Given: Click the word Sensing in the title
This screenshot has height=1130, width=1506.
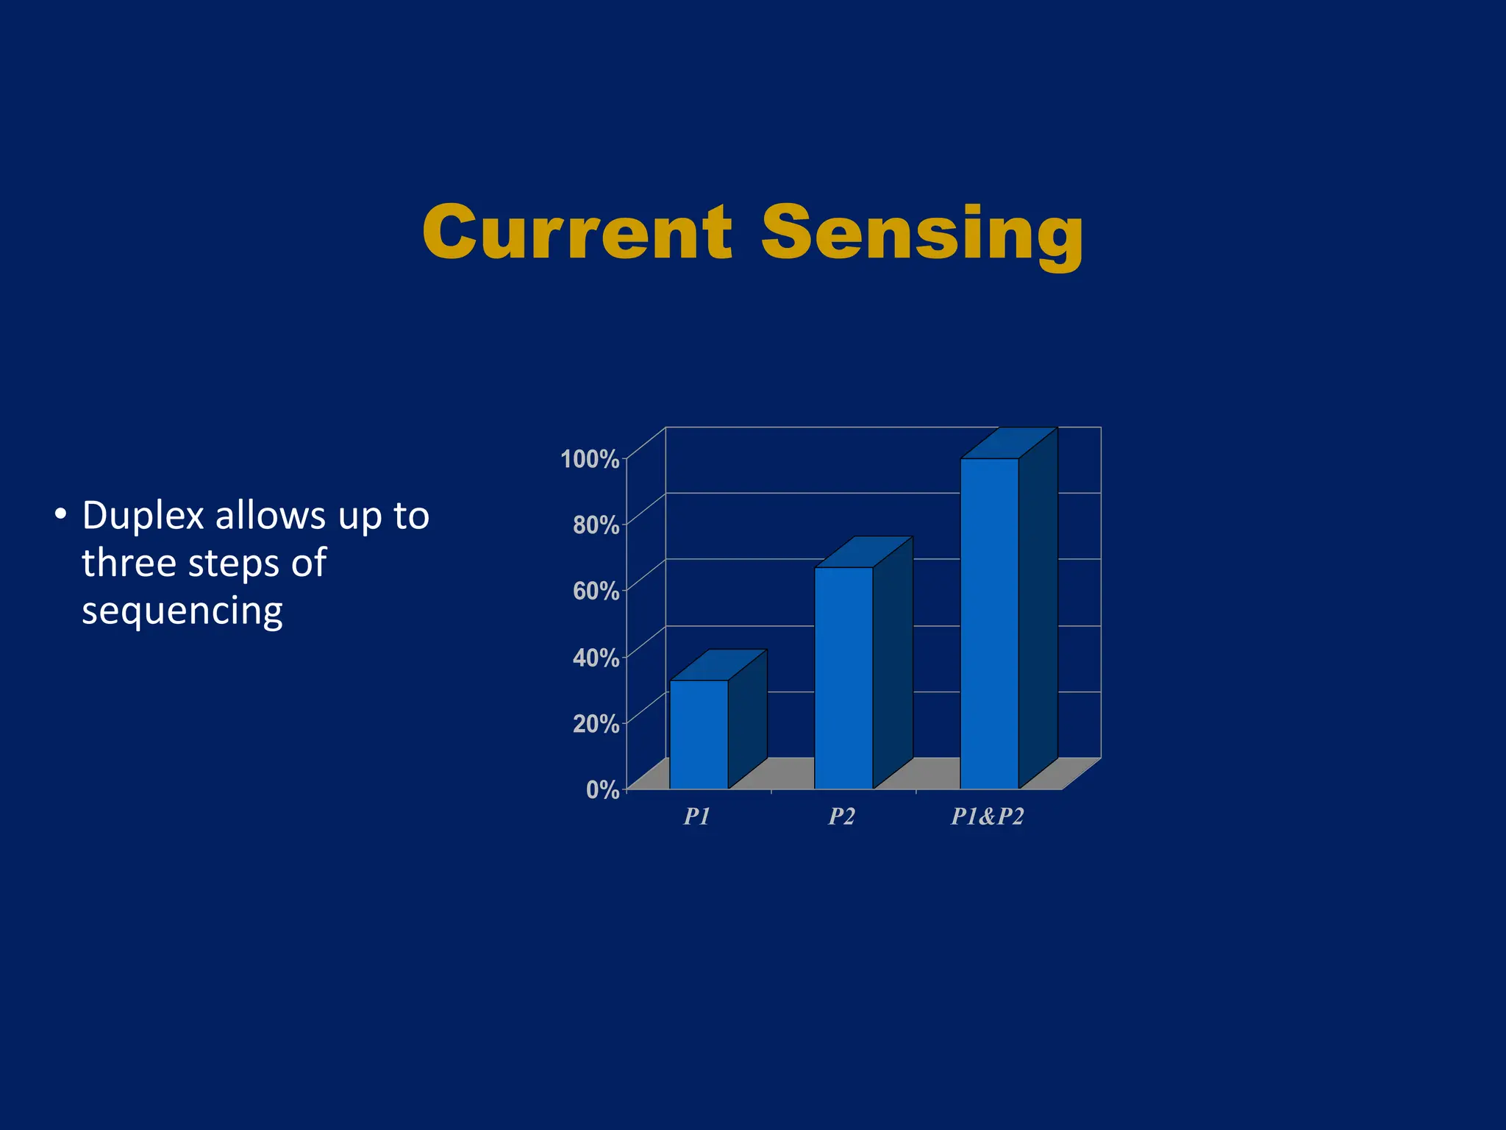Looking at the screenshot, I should click(x=922, y=234).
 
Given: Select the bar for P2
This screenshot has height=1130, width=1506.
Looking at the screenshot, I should click(x=843, y=677).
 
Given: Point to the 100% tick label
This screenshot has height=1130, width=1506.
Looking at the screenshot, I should click(x=590, y=459).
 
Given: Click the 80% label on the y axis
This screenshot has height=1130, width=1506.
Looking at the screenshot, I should click(x=596, y=525).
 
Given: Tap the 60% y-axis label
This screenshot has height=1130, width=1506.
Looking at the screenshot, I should click(x=596, y=591).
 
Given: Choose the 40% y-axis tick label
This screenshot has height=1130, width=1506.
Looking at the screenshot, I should click(x=596, y=657).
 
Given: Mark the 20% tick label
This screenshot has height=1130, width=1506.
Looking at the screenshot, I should click(x=596, y=723).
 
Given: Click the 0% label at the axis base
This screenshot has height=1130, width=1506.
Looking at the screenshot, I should click(x=602, y=789).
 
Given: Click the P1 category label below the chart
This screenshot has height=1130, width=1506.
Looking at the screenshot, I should click(x=696, y=817).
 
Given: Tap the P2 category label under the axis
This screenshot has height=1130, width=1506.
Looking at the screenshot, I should click(x=842, y=817).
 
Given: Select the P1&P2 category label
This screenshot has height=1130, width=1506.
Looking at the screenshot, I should click(x=987, y=817).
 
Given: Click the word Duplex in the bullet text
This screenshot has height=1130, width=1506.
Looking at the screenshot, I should click(x=143, y=516).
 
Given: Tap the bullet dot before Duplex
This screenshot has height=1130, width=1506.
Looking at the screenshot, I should click(x=61, y=514).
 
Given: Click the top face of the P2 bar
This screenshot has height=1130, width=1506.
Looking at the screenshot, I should click(x=864, y=552).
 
